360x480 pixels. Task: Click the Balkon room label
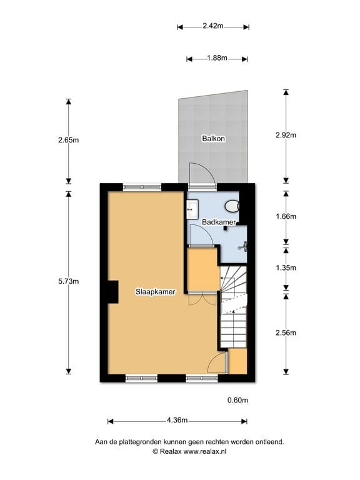213,138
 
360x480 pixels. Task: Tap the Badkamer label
219,222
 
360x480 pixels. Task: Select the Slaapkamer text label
155,291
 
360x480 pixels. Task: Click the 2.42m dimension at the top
213,26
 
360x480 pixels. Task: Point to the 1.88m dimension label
217,59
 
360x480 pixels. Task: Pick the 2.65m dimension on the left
68,140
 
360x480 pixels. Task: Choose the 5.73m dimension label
68,281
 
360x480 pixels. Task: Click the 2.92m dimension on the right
286,134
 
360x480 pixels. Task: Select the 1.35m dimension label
286,267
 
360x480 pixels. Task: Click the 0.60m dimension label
237,400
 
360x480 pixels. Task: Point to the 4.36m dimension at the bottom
178,421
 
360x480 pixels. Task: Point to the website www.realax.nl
200,451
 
